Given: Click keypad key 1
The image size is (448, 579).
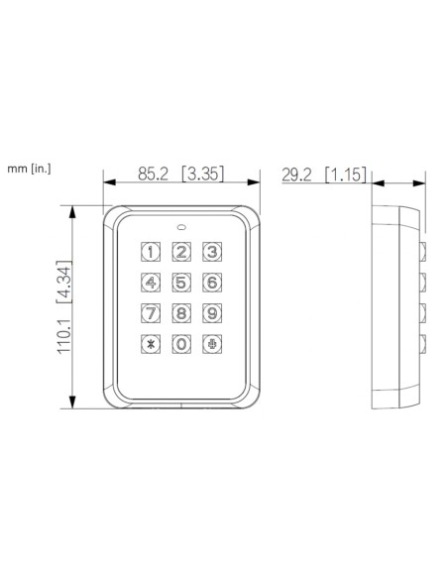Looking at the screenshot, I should point(151,252).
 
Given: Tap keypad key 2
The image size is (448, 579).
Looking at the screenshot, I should point(181,252).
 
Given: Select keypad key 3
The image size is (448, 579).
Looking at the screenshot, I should point(211,252).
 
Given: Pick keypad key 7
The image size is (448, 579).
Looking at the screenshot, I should point(151,314).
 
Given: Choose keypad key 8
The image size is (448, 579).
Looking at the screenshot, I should point(181,314).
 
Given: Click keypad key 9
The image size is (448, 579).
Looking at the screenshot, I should point(211,314).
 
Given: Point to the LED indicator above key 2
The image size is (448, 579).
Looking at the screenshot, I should point(181,223).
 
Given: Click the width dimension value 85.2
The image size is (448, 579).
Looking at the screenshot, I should point(153,174).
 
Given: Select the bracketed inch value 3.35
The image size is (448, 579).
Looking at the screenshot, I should point(202,174).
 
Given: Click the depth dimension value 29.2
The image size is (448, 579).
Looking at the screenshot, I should point(296,174).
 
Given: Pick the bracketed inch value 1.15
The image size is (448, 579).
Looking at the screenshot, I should point(344,174).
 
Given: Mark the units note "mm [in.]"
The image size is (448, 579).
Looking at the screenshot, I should point(28,169).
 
